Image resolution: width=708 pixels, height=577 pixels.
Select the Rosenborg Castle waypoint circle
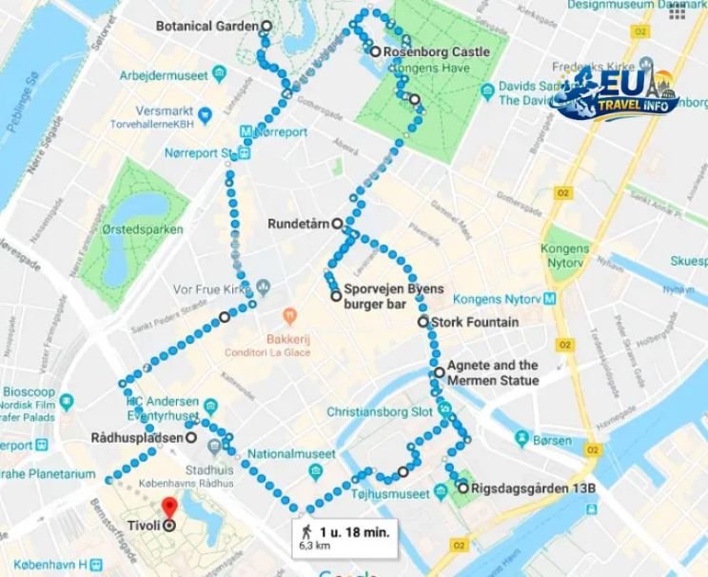[x=377, y=51]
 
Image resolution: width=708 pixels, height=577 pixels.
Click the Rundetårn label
[x=299, y=225]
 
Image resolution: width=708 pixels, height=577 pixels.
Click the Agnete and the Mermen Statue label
[x=492, y=372]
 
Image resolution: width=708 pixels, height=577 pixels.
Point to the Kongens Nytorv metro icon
[x=551, y=296]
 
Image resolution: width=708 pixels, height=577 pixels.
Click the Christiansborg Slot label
[x=380, y=413]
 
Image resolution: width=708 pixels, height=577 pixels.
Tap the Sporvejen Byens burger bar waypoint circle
[x=336, y=296]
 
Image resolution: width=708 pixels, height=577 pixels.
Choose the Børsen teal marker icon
[x=521, y=439]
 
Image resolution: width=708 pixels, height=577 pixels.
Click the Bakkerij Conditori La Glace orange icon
[x=282, y=314]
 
